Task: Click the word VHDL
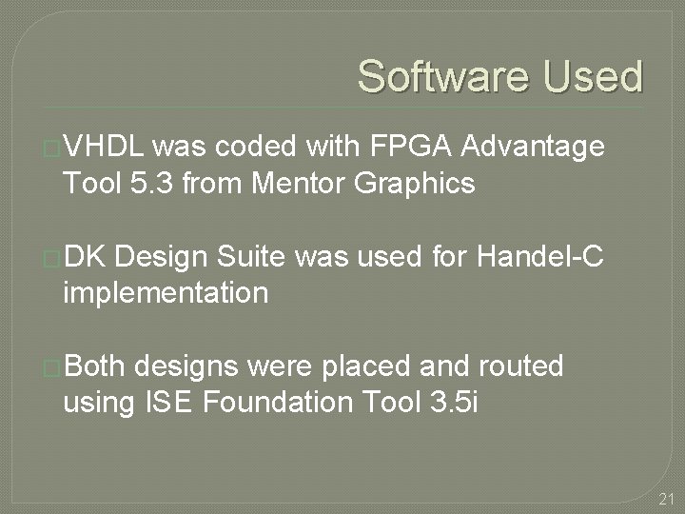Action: coord(104,147)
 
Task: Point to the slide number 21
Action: coord(666,498)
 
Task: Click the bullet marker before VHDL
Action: coord(53,148)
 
